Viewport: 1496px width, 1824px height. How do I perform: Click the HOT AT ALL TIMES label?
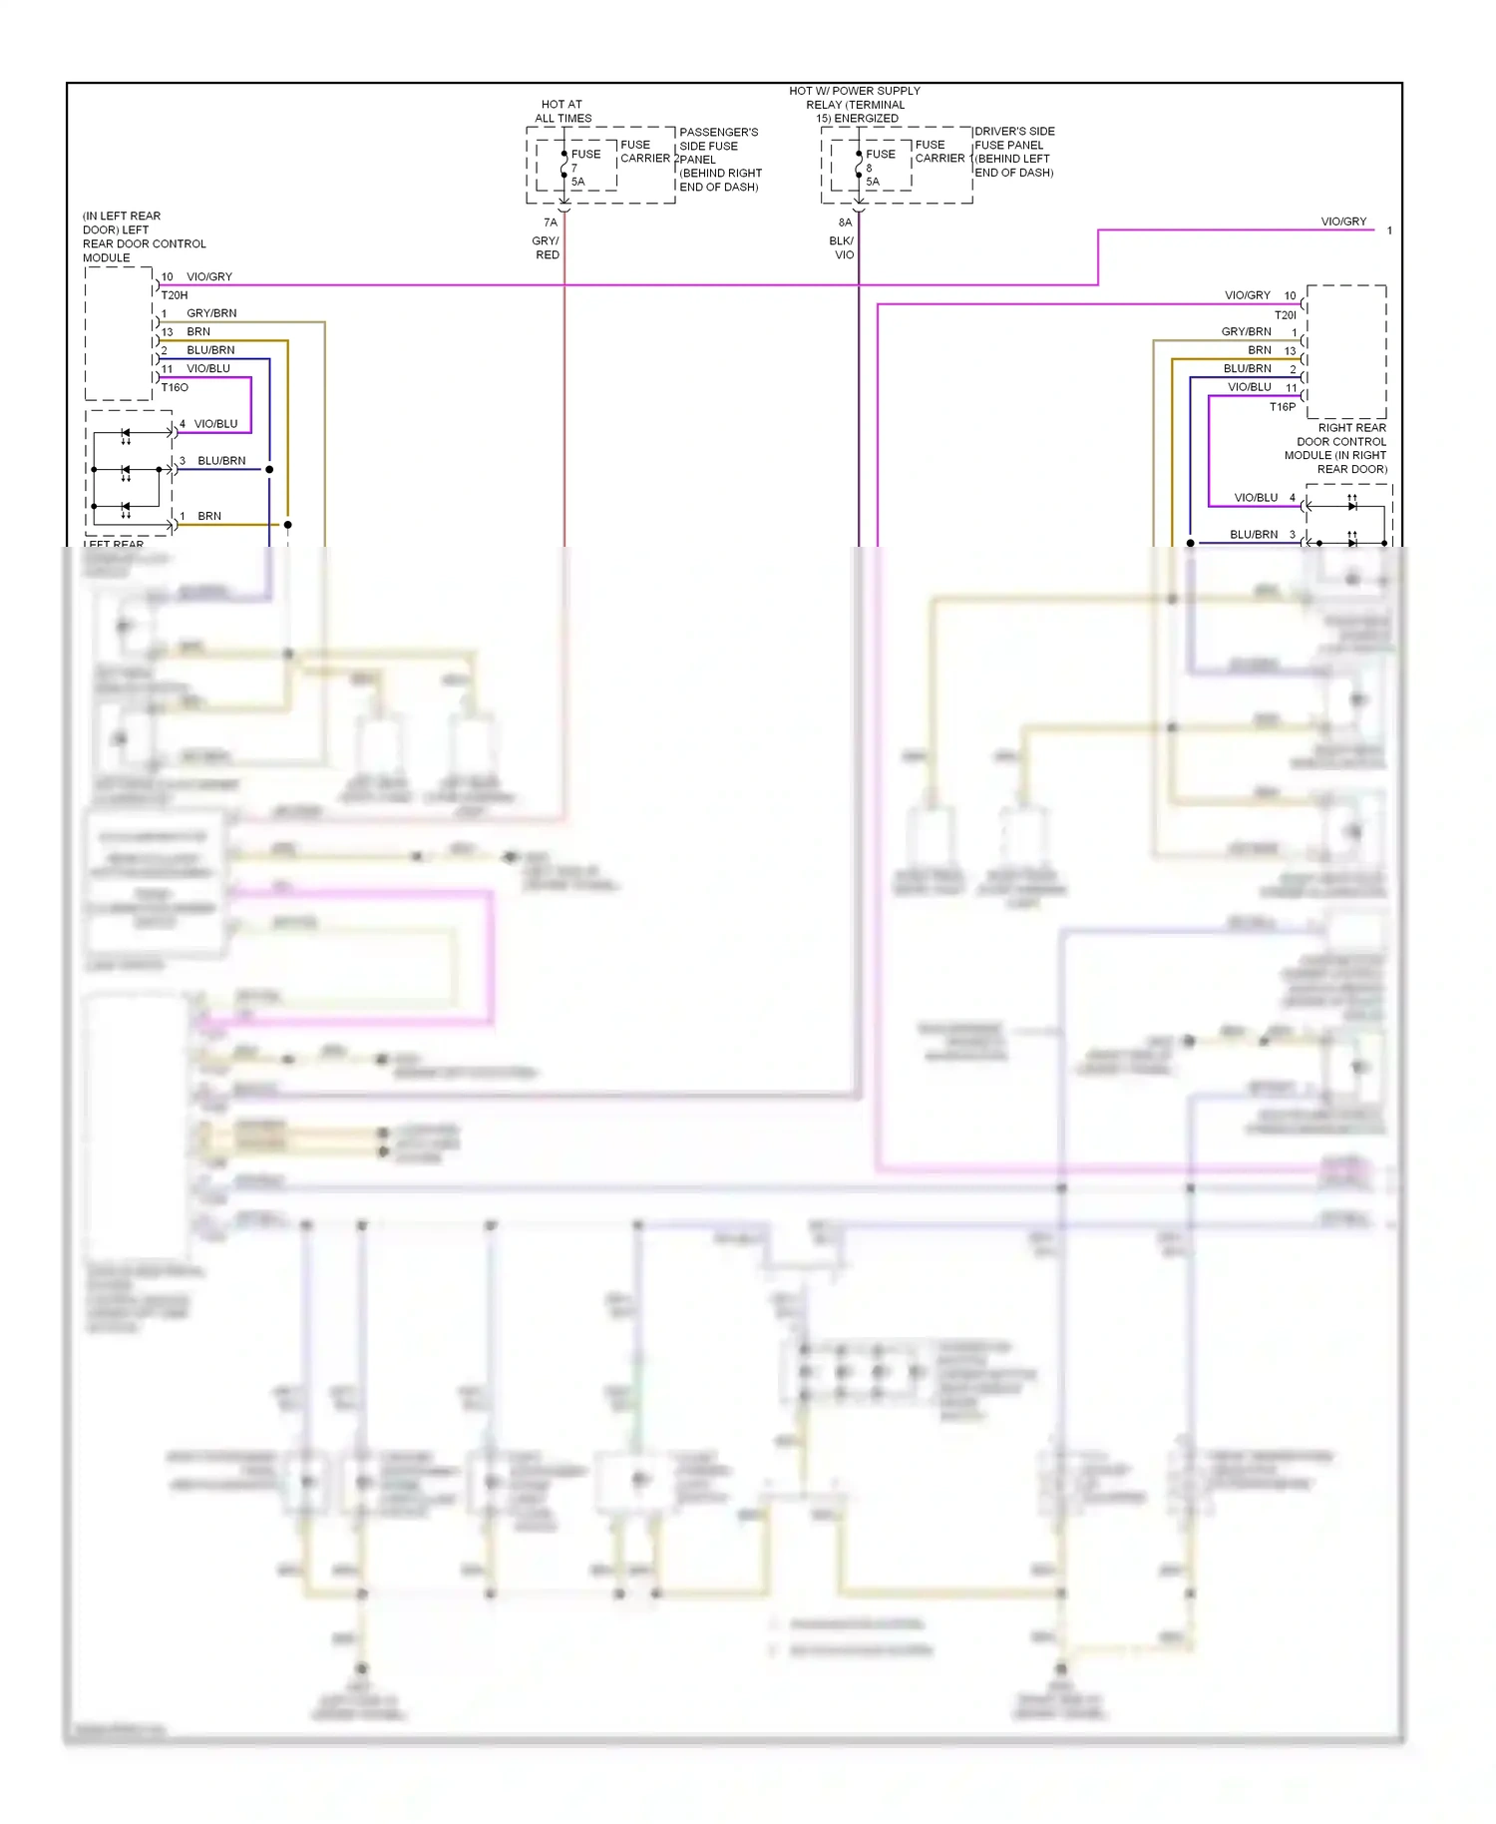[x=562, y=111]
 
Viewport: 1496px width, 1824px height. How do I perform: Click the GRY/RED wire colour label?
[x=547, y=247]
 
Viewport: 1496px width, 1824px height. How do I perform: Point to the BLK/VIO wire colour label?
[x=842, y=247]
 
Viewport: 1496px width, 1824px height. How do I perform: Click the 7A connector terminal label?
[x=551, y=223]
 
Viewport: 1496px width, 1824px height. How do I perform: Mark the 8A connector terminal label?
[x=845, y=223]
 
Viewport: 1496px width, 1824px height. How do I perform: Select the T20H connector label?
[x=175, y=295]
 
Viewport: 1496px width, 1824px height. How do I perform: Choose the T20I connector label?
[x=1285, y=315]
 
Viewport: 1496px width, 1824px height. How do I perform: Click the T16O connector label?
[x=175, y=387]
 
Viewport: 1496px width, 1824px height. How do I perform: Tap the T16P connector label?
[x=1282, y=407]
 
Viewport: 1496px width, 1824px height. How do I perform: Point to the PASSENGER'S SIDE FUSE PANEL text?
[x=720, y=159]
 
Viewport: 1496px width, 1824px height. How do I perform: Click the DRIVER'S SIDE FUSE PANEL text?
[x=1013, y=152]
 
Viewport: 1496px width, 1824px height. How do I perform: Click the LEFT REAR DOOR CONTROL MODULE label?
[x=144, y=236]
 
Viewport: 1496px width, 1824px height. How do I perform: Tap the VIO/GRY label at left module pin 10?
[x=209, y=276]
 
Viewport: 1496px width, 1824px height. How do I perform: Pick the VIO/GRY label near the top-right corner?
[x=1343, y=222]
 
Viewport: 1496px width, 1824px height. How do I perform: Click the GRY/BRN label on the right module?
[x=1246, y=331]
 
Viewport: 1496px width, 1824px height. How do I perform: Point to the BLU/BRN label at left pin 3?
[x=221, y=461]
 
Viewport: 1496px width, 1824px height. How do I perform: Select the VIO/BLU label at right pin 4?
[x=1256, y=497]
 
